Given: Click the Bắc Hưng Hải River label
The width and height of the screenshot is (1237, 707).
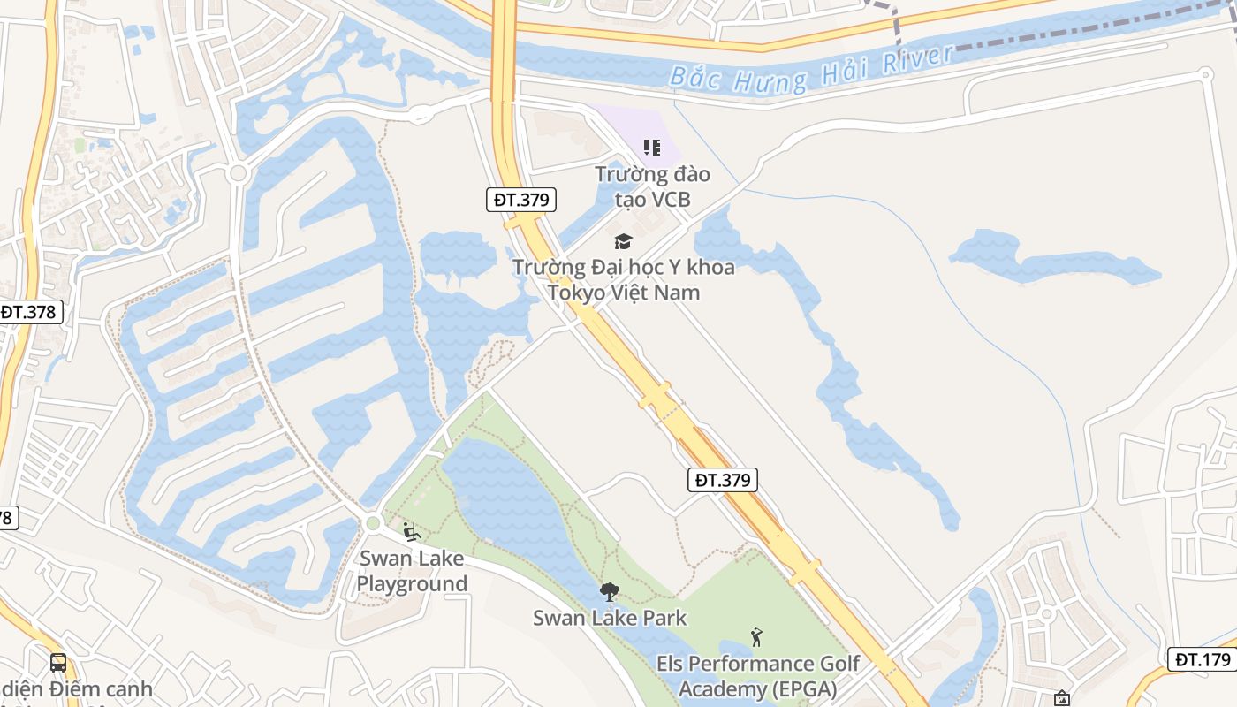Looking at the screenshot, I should coord(811,68).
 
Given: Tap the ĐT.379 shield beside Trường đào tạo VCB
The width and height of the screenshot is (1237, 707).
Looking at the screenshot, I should coord(521,200).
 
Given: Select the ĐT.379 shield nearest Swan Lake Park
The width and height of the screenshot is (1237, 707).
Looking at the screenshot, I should coord(722,480).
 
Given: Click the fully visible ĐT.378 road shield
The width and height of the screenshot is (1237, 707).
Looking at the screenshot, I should coord(29,312).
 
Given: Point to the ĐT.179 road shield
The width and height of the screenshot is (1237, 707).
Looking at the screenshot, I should coord(1203,659).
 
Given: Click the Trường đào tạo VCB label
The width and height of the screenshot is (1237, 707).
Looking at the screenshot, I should coord(652,186).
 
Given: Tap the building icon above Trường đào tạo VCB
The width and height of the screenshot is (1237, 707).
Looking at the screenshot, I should coord(652,148).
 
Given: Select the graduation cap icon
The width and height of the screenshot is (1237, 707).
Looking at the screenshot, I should coord(624,241).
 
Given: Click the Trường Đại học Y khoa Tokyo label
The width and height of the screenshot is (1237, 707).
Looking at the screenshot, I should coord(624,279).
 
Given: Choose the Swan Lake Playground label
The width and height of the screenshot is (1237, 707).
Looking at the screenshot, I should coord(412,571).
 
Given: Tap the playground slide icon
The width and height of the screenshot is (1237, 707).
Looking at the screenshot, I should coord(410,531).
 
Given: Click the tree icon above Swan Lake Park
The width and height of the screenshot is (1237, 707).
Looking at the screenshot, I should coord(609,592).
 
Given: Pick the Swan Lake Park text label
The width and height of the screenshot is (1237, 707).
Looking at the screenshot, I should coord(610,618).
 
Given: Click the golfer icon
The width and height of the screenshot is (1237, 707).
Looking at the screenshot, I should coord(756,637).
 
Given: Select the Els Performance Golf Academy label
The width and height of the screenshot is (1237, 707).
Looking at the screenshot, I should coord(757,676).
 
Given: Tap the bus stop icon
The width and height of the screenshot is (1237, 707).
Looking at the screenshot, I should coord(58,662).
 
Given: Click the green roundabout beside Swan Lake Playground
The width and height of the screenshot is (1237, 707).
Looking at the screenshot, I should coord(373,523).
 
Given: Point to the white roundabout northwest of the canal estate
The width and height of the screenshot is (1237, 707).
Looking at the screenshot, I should coord(237,173).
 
